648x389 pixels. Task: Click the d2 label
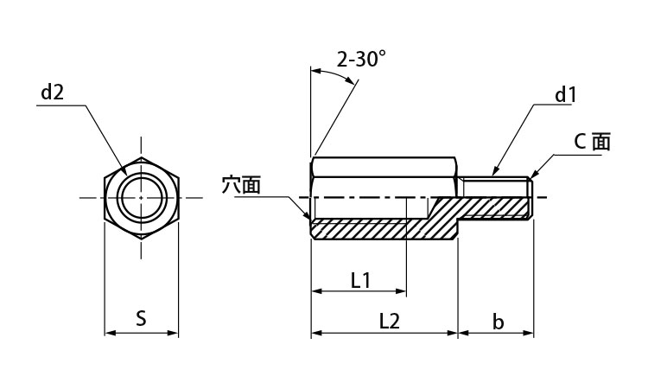(x=53, y=92)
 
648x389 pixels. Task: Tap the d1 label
(x=565, y=95)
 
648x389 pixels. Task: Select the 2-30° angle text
(x=361, y=59)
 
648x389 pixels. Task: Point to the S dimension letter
(x=142, y=318)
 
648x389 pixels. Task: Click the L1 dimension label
(x=360, y=281)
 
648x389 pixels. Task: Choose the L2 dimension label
(x=390, y=321)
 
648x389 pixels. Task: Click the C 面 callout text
(x=592, y=142)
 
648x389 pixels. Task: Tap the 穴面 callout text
(x=241, y=185)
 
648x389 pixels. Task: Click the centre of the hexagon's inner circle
(x=142, y=198)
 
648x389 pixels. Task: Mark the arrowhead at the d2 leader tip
(x=124, y=171)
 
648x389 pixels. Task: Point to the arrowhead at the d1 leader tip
(x=495, y=170)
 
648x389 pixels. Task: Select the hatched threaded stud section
(x=495, y=207)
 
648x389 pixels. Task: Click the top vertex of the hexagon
(x=142, y=157)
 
